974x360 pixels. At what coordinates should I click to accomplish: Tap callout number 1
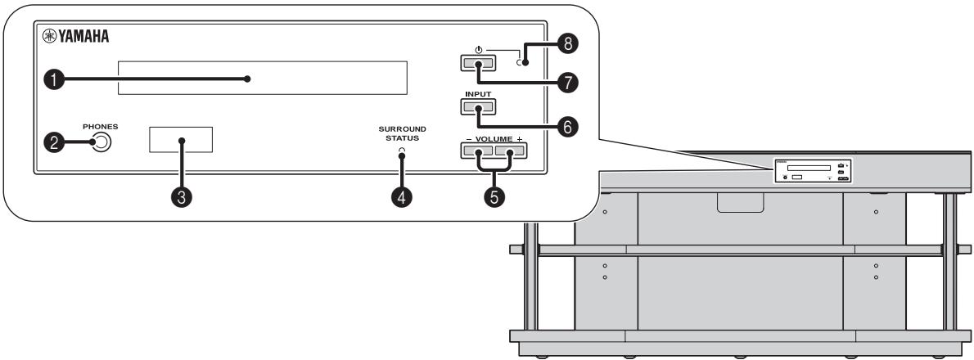pyautogui.click(x=55, y=80)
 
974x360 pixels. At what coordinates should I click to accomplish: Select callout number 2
pyautogui.click(x=55, y=142)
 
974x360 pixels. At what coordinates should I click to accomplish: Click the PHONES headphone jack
pyautogui.click(x=101, y=143)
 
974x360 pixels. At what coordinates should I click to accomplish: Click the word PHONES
pyautogui.click(x=100, y=127)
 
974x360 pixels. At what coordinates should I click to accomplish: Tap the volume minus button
pyautogui.click(x=474, y=150)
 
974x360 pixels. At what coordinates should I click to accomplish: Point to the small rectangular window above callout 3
pyautogui.click(x=181, y=140)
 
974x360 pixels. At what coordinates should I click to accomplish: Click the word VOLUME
pyautogui.click(x=490, y=139)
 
